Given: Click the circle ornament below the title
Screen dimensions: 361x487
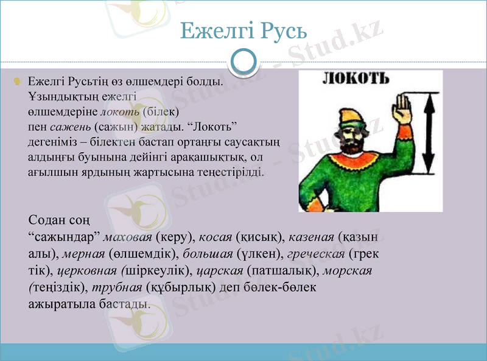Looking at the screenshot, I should [x=243, y=61].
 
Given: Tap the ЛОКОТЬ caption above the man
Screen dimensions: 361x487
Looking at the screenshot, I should [x=354, y=79].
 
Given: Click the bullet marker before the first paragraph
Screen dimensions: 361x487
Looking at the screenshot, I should [x=18, y=80].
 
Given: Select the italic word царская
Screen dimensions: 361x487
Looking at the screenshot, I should [x=222, y=269].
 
